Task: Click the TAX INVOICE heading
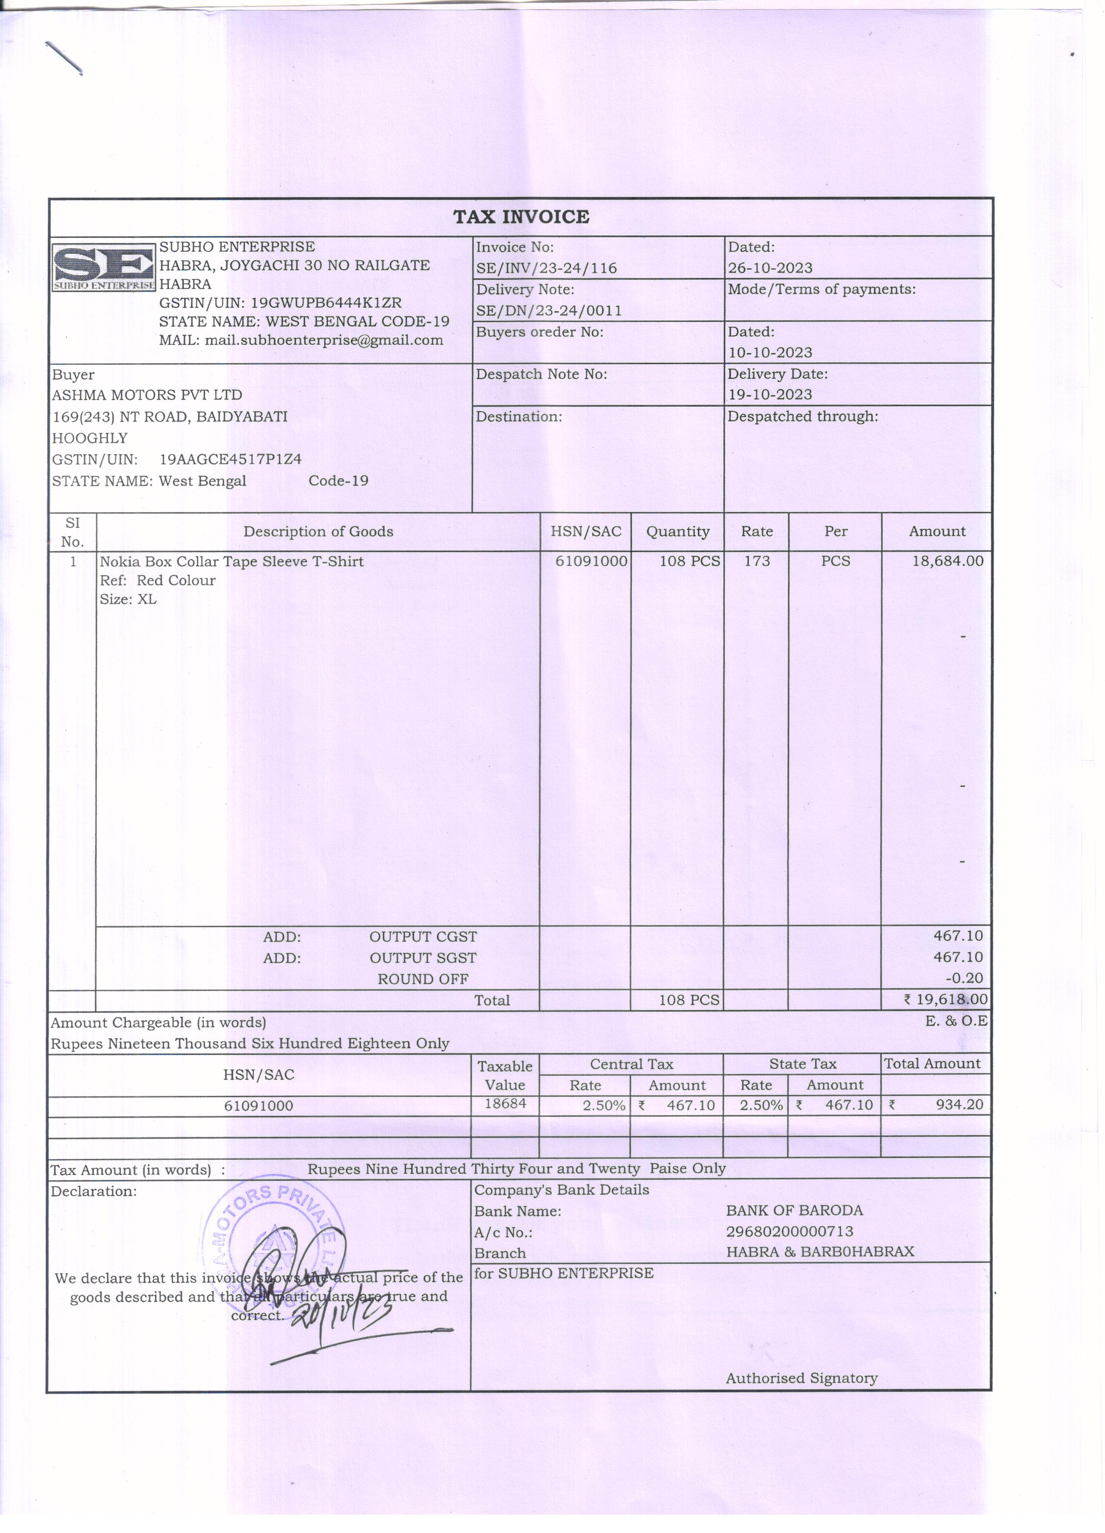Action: click(x=521, y=217)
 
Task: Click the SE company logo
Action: click(x=104, y=268)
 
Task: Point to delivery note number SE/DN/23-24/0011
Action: click(x=549, y=311)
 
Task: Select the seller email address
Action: click(x=324, y=340)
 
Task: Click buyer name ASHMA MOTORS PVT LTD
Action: click(x=147, y=395)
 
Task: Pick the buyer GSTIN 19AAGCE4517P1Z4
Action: click(x=230, y=459)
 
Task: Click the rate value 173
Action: click(x=757, y=561)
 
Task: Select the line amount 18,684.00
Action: click(x=948, y=561)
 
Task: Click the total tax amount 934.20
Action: click(x=959, y=1105)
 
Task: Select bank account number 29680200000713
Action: click(x=789, y=1231)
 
